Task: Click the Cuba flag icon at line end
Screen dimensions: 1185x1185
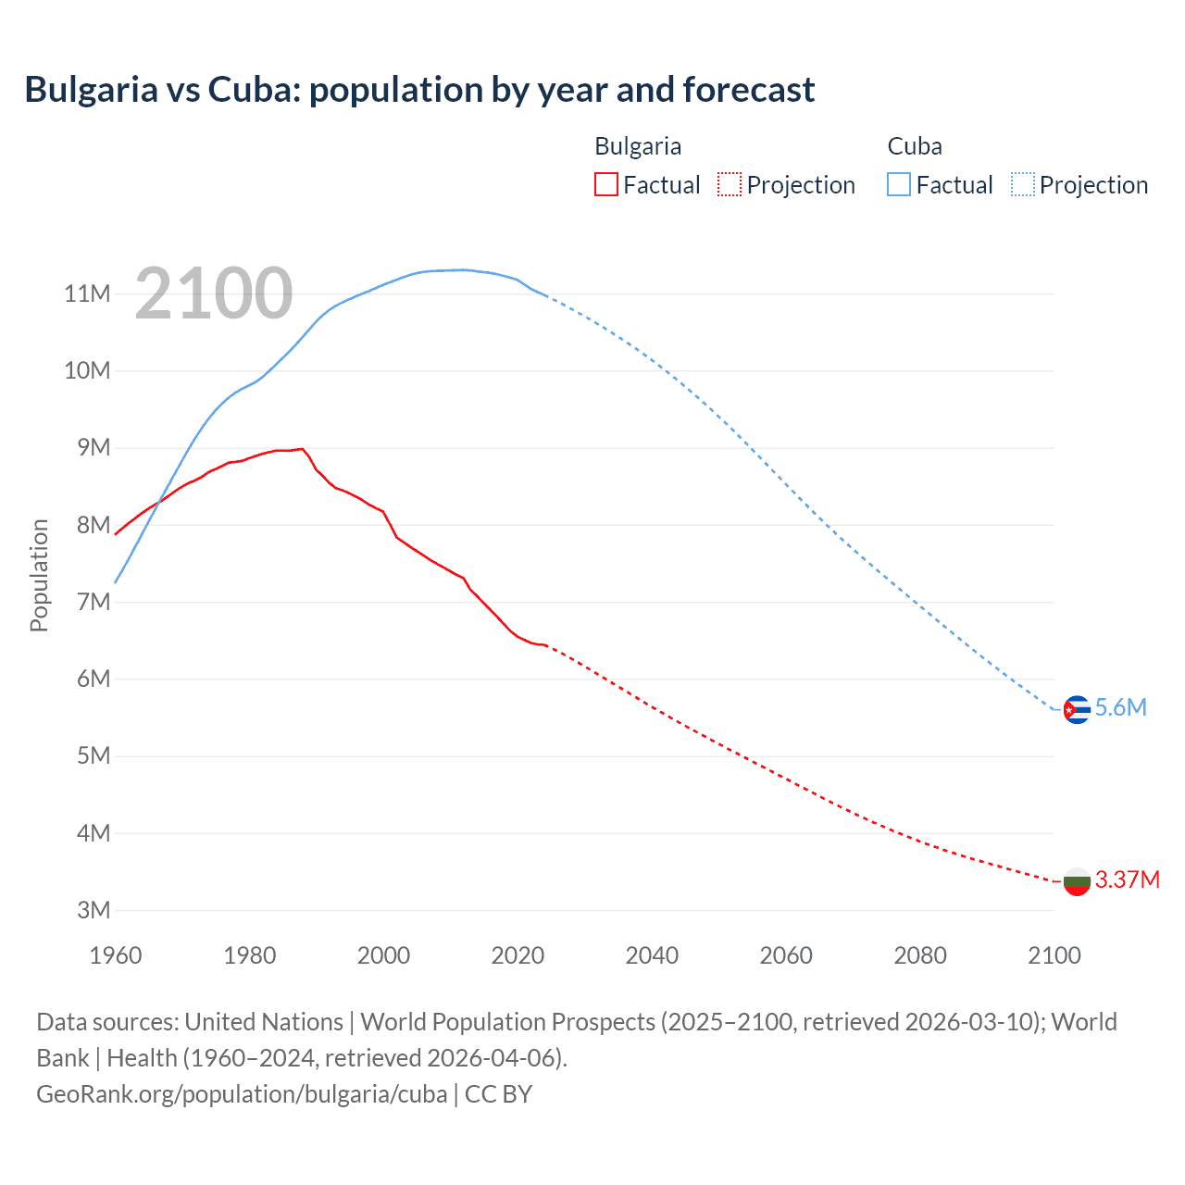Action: [1077, 709]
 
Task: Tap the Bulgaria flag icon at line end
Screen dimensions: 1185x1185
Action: [1077, 880]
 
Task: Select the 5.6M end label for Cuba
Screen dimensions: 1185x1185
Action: [1120, 708]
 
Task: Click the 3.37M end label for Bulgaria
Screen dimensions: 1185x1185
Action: [1127, 879]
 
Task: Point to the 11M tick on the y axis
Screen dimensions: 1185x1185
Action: [87, 294]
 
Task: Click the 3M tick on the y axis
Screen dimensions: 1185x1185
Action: [94, 910]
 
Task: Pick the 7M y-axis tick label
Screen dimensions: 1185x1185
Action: [94, 602]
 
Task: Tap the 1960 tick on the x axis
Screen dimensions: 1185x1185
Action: [116, 955]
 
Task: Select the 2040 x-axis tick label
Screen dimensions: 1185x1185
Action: [652, 955]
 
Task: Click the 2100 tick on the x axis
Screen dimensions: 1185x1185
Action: [1054, 955]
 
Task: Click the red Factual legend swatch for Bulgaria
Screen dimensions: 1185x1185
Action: [605, 184]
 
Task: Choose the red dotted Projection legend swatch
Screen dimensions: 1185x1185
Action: [730, 184]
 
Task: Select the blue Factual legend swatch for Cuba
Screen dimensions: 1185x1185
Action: [899, 184]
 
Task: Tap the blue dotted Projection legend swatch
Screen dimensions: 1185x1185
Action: [1023, 184]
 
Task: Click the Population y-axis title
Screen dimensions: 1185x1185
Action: [39, 575]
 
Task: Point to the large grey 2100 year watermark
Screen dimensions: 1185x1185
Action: [214, 294]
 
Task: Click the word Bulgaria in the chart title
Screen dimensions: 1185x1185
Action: [91, 90]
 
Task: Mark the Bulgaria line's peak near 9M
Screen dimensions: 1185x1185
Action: [302, 449]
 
